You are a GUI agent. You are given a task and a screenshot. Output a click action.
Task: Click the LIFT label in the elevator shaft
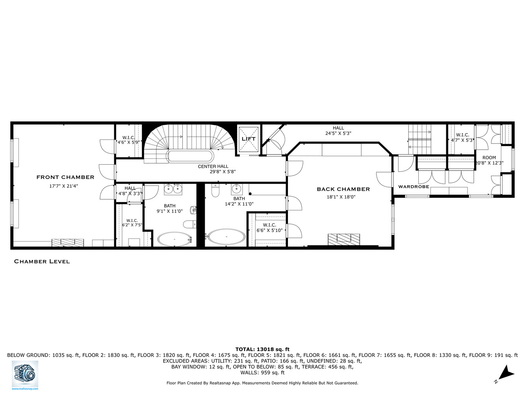click(249, 139)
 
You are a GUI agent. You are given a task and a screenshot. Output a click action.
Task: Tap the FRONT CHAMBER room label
click(65, 177)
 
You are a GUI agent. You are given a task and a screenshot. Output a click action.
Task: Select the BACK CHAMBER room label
click(343, 189)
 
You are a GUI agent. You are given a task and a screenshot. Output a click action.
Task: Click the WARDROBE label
click(413, 187)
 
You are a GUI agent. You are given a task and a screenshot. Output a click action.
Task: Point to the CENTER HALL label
click(213, 166)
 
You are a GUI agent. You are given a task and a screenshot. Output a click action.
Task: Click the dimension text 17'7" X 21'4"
click(63, 186)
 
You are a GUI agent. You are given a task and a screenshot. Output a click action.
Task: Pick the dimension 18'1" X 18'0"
click(341, 197)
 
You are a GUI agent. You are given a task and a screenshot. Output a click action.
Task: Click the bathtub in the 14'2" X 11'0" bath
click(226, 236)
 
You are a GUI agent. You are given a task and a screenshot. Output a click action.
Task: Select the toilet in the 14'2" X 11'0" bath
click(215, 191)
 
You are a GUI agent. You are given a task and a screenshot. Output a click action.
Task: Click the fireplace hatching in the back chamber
click(344, 239)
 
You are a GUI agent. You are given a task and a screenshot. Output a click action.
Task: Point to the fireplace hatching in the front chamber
click(67, 243)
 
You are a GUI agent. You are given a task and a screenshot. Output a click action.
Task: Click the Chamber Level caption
click(42, 261)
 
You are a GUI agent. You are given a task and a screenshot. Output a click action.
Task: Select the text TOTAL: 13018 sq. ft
click(262, 349)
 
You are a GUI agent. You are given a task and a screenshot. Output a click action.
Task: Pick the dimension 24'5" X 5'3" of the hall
click(338, 133)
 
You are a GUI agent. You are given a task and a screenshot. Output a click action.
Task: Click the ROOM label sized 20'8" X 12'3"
click(489, 158)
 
